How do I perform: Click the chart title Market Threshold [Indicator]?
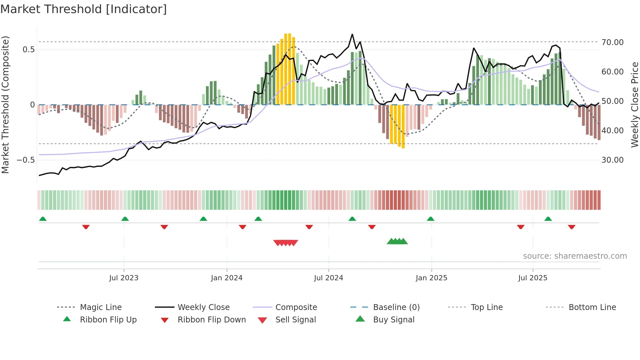pos(84,9)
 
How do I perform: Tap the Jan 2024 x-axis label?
pos(227,278)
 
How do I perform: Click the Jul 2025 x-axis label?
pos(533,278)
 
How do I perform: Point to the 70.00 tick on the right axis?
pos(613,42)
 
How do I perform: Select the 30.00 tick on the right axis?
pos(613,160)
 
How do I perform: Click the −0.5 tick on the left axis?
pos(26,160)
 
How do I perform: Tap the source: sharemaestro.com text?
pos(575,256)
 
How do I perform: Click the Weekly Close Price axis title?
pos(634,105)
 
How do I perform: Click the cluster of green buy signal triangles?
pos(397,242)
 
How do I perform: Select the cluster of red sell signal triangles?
pos(286,243)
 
